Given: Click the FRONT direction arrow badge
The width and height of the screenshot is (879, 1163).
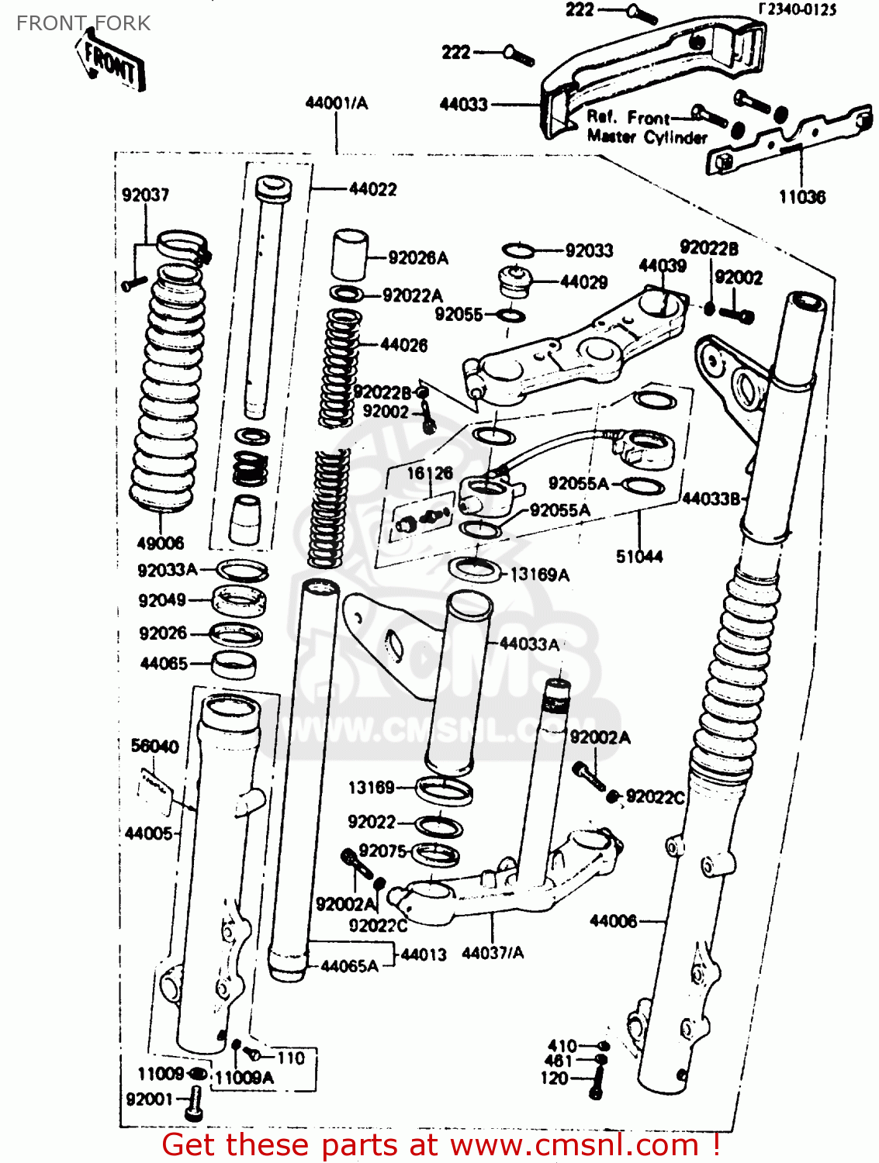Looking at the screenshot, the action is click(x=111, y=64).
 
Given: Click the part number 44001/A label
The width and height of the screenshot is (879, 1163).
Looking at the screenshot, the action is click(x=336, y=102).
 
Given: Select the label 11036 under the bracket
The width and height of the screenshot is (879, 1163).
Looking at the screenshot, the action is click(x=802, y=197).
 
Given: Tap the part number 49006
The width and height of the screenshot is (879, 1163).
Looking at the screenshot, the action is click(x=161, y=543).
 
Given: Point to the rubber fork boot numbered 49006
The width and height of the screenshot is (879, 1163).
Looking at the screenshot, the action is click(x=168, y=388).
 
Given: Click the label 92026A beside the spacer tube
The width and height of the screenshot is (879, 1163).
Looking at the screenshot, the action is click(x=417, y=258).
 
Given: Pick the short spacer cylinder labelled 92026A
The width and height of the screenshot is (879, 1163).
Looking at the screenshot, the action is click(x=350, y=254).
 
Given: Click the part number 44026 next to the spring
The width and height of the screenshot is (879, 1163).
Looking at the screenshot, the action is click(x=403, y=345).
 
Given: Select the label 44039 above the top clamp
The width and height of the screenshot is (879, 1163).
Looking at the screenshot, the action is click(x=662, y=266).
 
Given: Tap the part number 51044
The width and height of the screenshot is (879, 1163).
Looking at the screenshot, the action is click(x=639, y=556).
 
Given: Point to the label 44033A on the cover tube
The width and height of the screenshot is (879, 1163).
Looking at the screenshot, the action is click(x=529, y=644).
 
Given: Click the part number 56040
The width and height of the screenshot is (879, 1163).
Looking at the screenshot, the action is click(x=154, y=746).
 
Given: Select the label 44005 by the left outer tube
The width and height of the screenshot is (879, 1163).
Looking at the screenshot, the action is click(x=148, y=833).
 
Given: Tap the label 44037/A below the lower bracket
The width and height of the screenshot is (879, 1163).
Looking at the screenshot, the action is click(x=493, y=953).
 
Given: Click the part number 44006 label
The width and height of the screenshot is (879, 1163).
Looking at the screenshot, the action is click(x=613, y=921).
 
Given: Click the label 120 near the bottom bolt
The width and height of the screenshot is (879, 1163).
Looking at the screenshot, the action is click(x=554, y=1078).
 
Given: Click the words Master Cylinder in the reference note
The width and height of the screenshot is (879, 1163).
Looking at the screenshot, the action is click(x=647, y=137).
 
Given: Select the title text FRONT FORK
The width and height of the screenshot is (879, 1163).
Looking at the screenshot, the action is click(x=83, y=23).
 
